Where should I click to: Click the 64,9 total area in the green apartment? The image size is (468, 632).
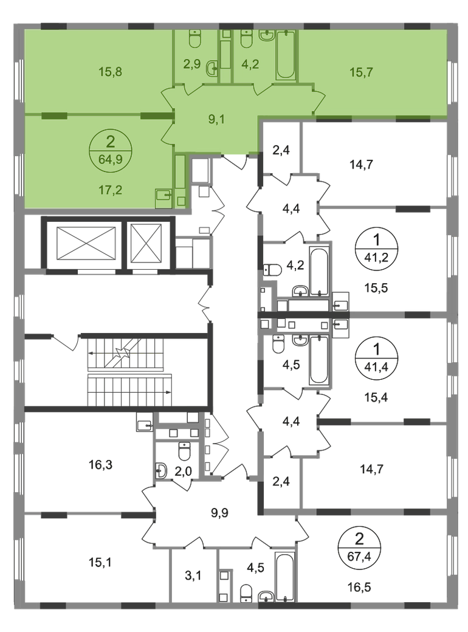click(x=110, y=158)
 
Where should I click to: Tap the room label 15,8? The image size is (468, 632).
click(x=110, y=72)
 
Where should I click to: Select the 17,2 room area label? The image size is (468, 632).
click(x=110, y=190)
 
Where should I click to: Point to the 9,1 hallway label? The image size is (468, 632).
click(x=216, y=119)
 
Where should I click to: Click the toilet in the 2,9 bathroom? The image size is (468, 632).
click(x=195, y=39)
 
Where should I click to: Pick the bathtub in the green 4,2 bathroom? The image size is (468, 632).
click(x=286, y=55)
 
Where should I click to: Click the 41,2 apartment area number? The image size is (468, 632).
click(x=376, y=257)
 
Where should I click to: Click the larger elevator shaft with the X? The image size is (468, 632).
click(x=86, y=244)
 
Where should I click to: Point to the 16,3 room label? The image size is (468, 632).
click(x=100, y=465)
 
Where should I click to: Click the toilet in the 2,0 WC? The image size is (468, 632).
click(x=184, y=452)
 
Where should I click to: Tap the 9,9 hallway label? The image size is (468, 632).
click(x=219, y=513)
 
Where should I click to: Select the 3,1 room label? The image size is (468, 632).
click(x=193, y=575)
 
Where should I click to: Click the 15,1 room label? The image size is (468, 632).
click(x=100, y=562)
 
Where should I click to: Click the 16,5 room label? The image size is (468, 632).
click(x=359, y=586)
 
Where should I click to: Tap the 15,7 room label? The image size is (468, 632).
click(x=361, y=72)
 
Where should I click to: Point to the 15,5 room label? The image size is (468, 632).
click(x=376, y=288)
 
